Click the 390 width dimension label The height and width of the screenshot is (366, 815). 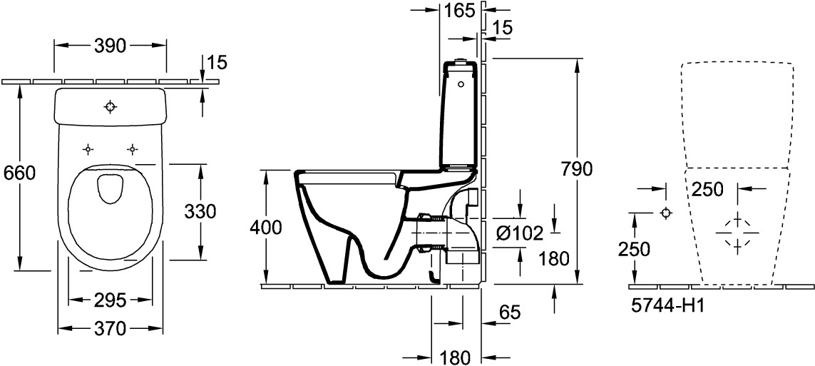(111, 46)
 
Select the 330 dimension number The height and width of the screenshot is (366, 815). (200, 211)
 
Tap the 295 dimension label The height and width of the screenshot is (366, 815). (111, 300)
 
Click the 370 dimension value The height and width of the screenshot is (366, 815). (111, 328)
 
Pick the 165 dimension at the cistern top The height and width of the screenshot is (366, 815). (459, 11)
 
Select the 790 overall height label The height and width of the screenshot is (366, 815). (576, 169)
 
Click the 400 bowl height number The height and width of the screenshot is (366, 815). (266, 227)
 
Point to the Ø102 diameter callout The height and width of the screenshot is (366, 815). (520, 234)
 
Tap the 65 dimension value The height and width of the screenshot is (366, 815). (510, 312)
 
